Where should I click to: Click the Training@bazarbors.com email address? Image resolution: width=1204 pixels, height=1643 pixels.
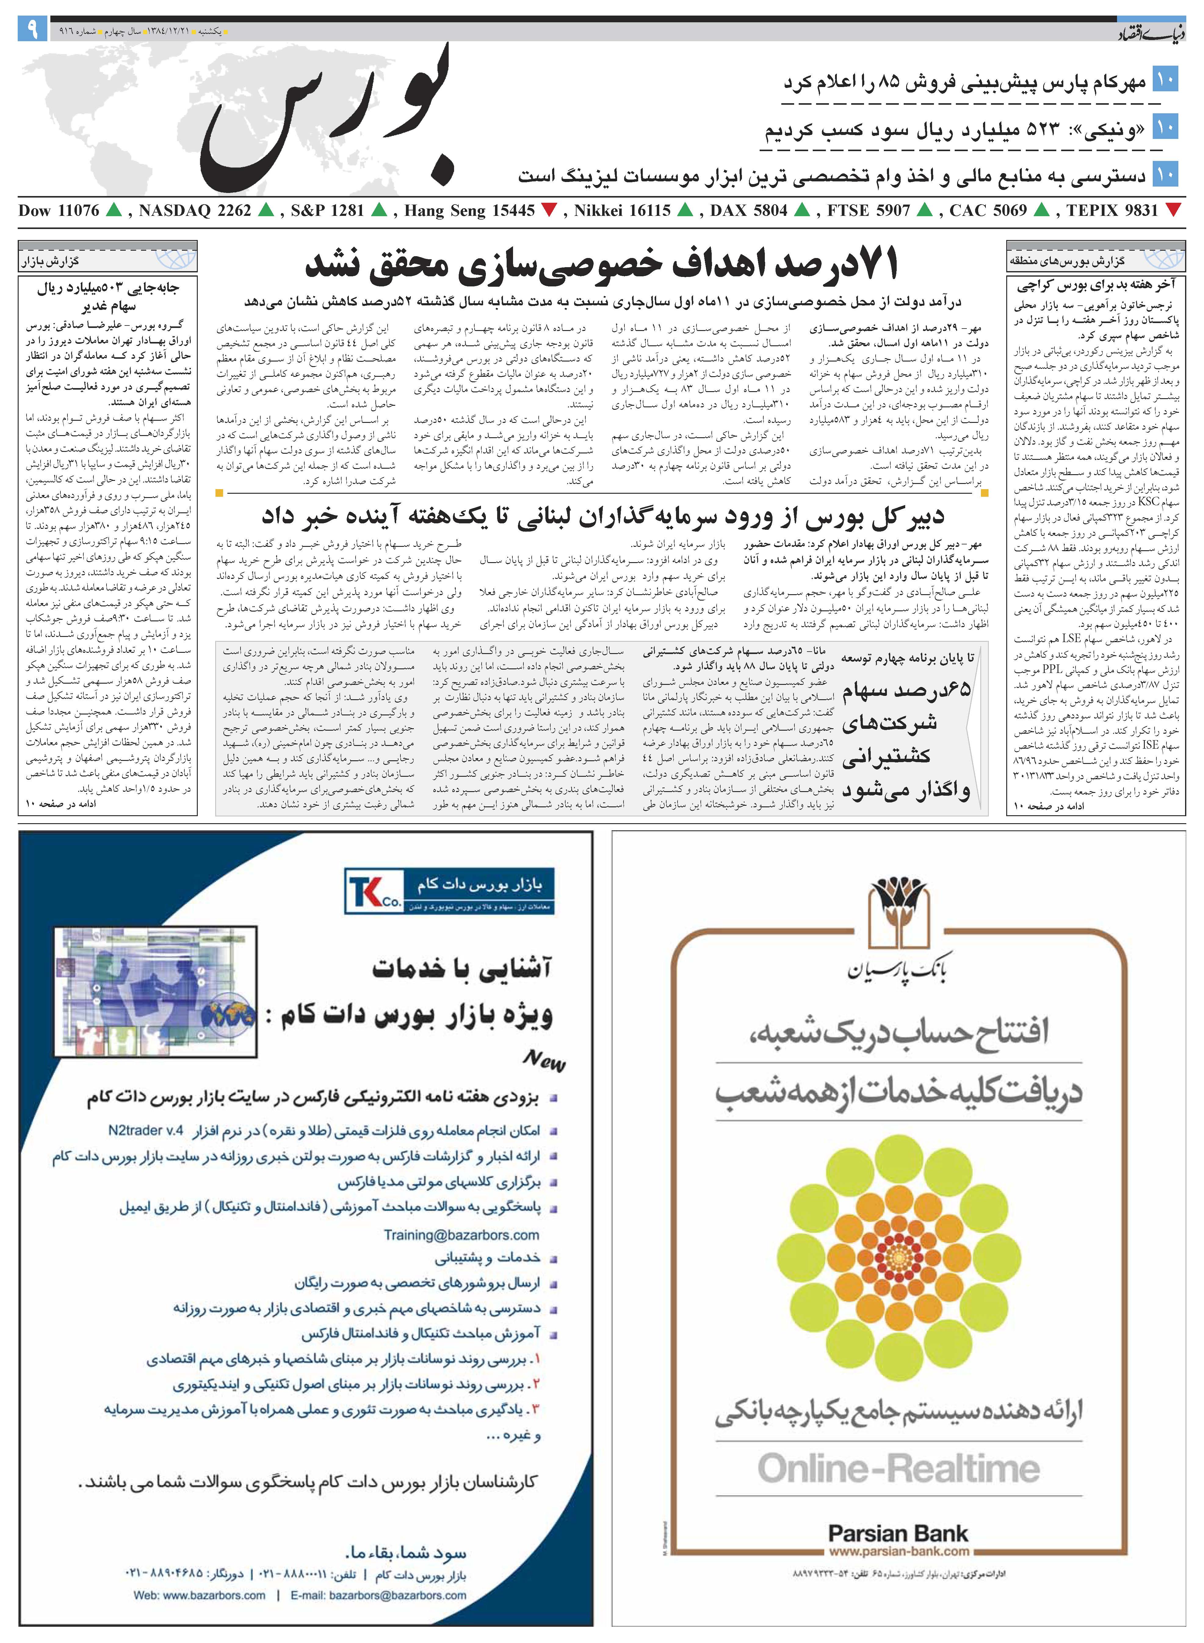pyautogui.click(x=461, y=1235)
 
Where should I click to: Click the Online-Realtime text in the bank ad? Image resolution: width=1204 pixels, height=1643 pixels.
pyautogui.click(x=898, y=1468)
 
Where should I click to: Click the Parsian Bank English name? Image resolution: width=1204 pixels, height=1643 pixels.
pyautogui.click(x=898, y=1533)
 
